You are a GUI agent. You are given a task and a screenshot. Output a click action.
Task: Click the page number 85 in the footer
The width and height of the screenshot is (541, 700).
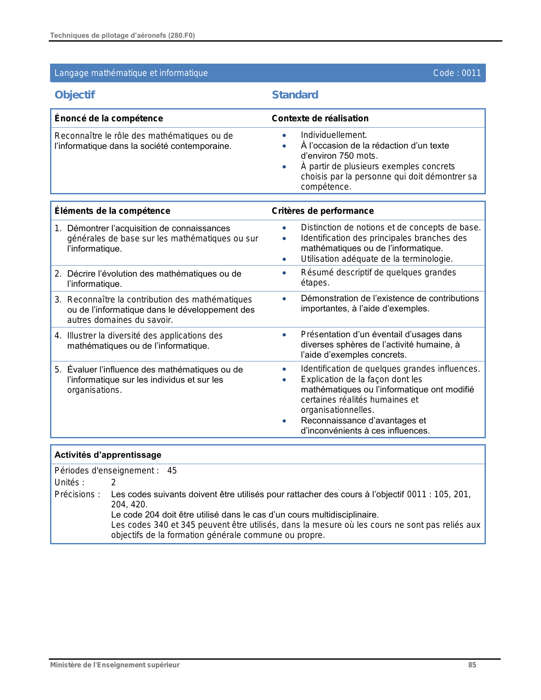(472, 665)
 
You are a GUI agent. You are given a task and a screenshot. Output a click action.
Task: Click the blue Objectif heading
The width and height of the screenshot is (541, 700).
(75, 95)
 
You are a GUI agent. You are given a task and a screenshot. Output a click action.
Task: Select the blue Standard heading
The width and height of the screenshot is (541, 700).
(295, 95)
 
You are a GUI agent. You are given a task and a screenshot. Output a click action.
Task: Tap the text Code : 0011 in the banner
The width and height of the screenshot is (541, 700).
(457, 73)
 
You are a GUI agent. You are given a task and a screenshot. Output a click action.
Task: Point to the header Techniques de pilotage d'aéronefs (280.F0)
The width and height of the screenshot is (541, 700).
(122, 35)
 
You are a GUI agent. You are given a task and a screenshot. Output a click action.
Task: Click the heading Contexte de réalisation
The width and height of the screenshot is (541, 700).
(320, 118)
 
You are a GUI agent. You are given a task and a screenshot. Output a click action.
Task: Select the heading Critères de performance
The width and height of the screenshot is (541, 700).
(322, 211)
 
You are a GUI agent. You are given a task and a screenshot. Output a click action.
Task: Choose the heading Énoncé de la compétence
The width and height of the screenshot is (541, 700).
(109, 118)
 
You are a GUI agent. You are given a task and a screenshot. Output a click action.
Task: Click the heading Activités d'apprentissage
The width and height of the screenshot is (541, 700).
(108, 455)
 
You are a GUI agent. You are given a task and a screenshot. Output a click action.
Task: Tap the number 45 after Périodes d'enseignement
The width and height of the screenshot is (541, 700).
(172, 470)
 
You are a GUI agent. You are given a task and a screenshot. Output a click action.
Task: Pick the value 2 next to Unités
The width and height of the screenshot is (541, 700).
(113, 482)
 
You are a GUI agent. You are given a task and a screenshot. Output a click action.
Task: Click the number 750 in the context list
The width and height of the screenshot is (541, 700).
(346, 156)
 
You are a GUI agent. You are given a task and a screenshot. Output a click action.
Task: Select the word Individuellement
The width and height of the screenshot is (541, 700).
(334, 135)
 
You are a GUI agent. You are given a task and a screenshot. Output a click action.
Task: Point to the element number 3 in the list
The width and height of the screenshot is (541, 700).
(58, 300)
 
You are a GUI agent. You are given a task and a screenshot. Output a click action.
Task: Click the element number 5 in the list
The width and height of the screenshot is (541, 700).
(58, 370)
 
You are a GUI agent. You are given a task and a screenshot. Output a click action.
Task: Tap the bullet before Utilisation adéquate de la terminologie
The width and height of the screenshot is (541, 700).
(284, 259)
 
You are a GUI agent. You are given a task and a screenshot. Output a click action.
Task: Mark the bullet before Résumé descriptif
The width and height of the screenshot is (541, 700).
(284, 273)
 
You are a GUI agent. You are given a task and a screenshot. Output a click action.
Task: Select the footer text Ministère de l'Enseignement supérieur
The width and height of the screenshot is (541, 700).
(115, 665)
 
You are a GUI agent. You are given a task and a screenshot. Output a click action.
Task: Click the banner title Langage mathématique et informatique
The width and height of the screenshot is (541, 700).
(131, 73)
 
